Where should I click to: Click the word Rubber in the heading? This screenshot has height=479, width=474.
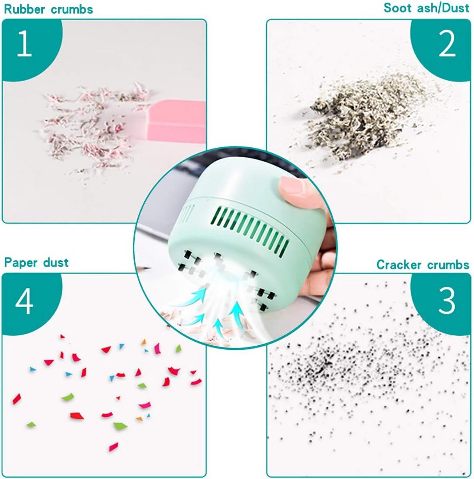[x=24, y=10]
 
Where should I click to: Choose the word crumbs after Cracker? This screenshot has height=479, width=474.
[x=448, y=265]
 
